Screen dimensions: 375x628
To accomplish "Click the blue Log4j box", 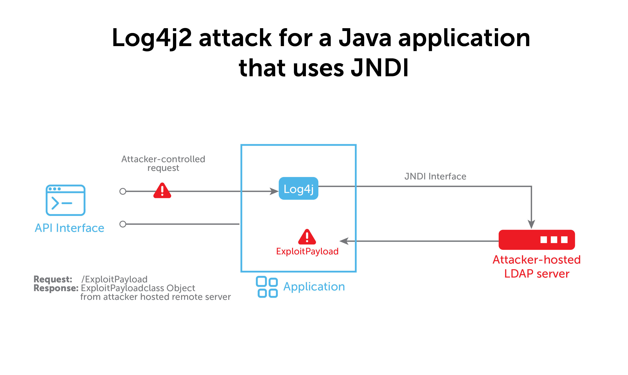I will click(298, 189).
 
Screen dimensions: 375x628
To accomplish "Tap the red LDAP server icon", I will click(536, 240).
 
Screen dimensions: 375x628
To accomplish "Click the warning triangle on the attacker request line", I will click(162, 191).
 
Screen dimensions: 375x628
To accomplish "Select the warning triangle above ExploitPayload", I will click(307, 238).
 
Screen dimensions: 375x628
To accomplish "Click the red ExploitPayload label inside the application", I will click(307, 252).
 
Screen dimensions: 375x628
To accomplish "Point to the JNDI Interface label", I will click(435, 176).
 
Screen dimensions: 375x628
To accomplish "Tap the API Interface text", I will click(70, 228).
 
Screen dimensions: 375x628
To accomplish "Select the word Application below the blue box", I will click(314, 286).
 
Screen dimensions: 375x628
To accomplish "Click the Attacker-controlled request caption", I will click(163, 163).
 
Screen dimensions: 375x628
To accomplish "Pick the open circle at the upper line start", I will click(123, 191).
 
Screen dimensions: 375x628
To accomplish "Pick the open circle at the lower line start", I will click(123, 224).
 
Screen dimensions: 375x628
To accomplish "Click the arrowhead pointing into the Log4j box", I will click(274, 191).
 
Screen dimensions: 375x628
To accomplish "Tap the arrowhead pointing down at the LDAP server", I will click(531, 224).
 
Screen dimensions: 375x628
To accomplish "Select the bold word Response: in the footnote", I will click(56, 288).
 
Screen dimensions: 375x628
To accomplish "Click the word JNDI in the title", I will click(379, 68).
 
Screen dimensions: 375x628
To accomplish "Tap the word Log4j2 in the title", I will click(152, 38).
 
